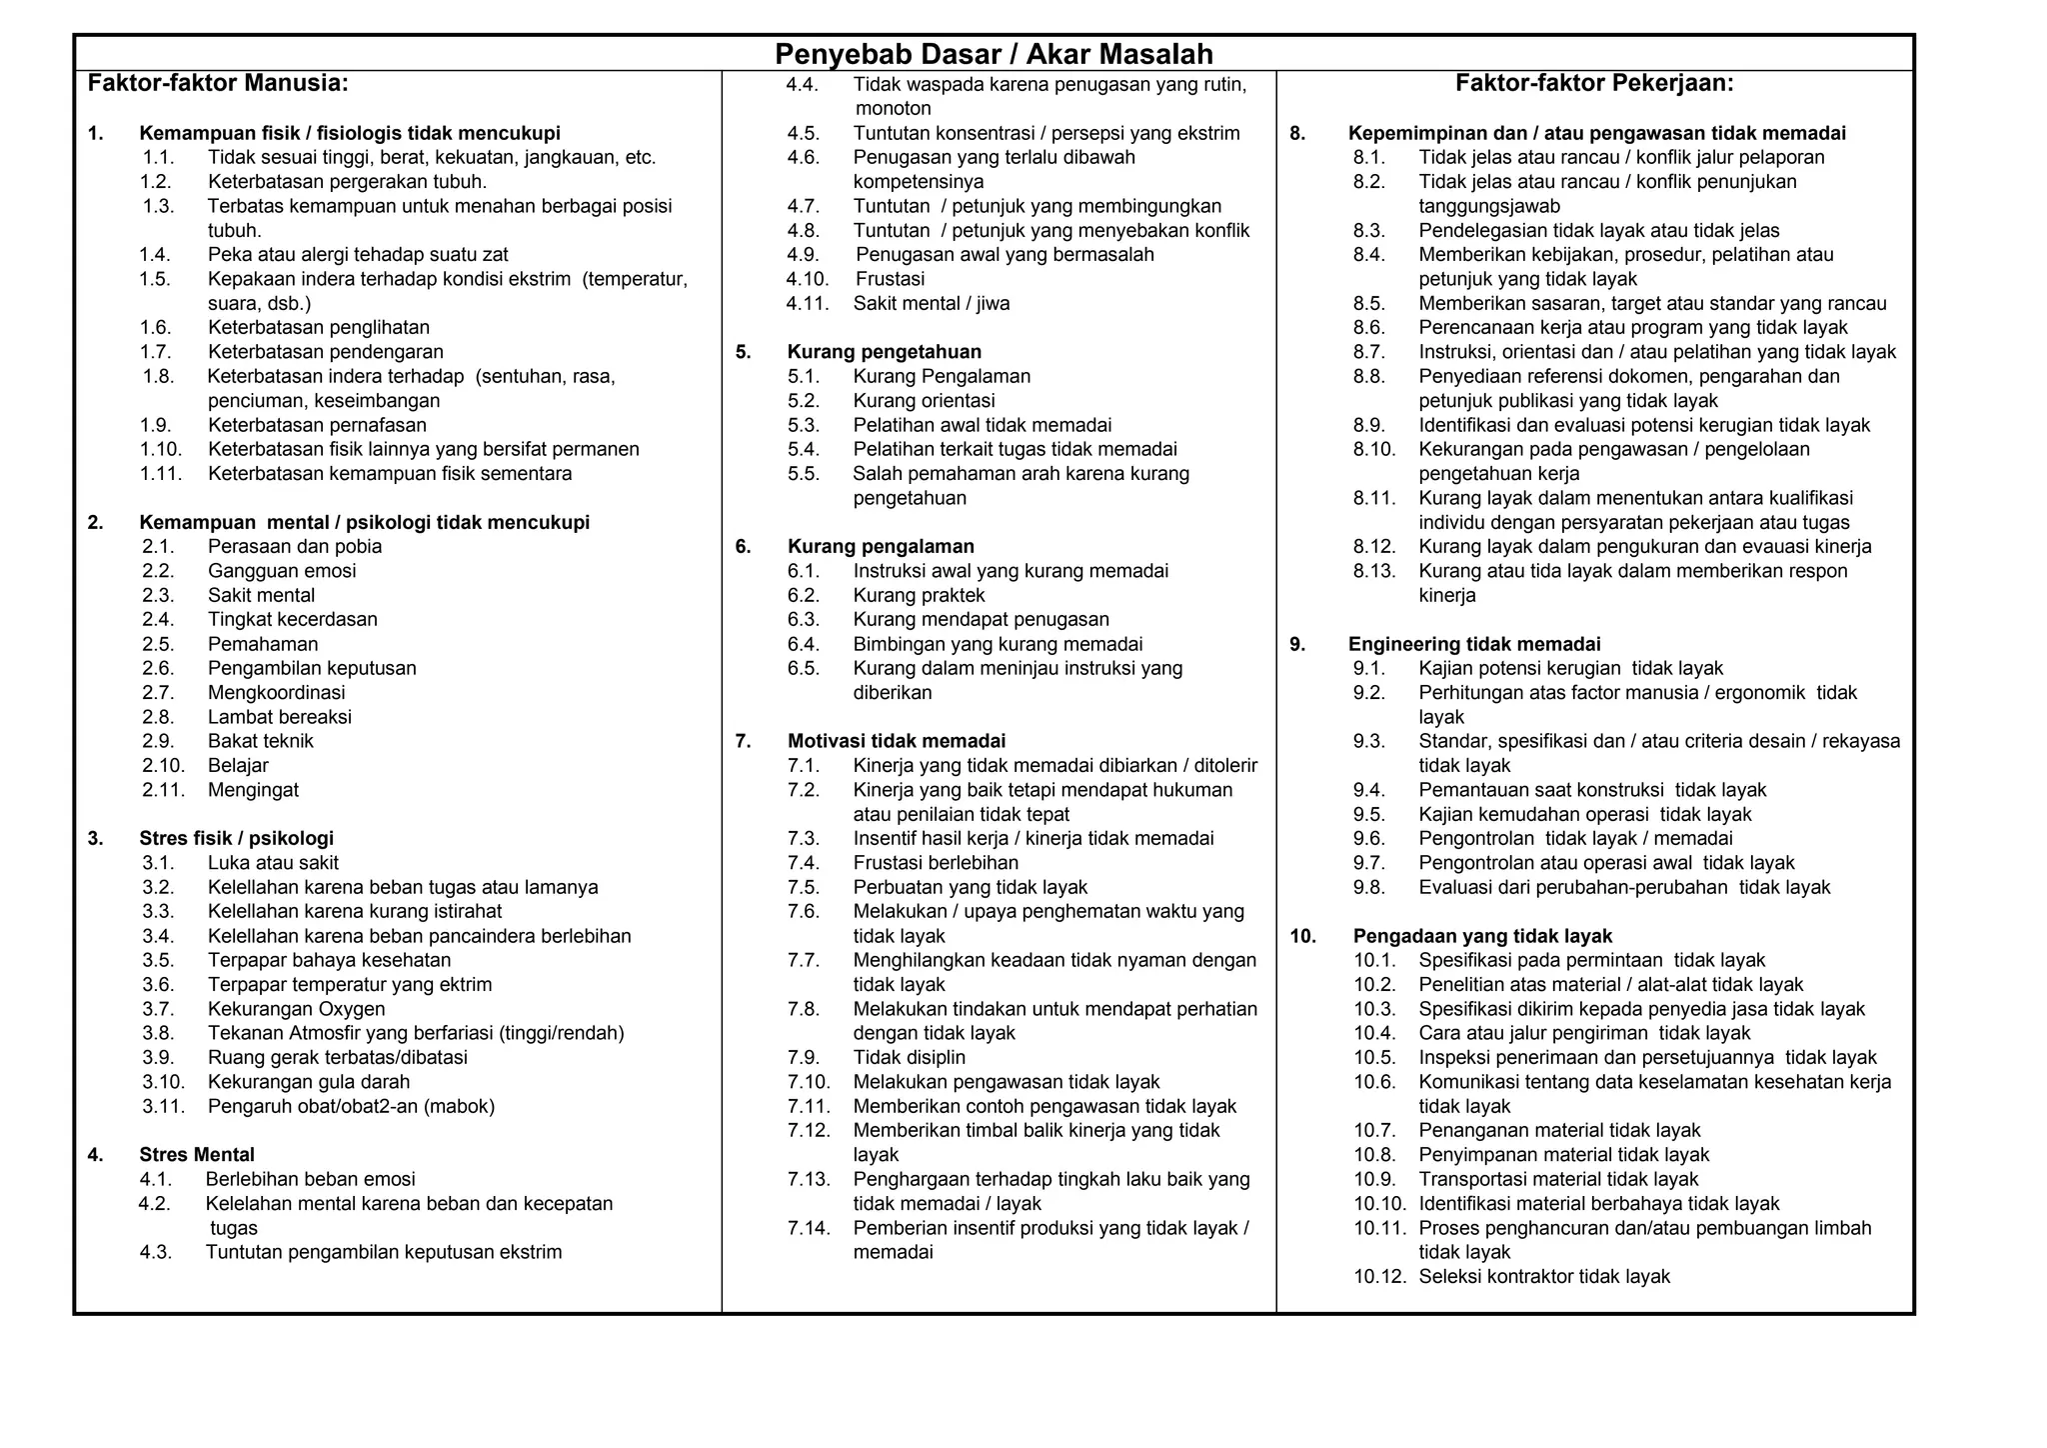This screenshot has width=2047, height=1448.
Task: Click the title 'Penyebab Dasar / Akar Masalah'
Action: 994,54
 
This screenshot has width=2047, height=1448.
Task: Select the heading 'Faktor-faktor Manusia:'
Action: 218,83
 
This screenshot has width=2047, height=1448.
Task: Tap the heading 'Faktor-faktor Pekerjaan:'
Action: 1594,83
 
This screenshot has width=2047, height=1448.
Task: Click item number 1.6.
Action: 156,327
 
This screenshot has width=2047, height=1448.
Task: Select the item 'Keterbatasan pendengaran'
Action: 326,352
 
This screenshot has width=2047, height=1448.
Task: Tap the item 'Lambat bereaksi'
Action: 280,717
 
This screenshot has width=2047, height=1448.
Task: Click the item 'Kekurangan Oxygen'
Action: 296,1009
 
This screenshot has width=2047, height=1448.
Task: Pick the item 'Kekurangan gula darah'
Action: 309,1082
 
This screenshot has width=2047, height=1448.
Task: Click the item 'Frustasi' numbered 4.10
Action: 890,279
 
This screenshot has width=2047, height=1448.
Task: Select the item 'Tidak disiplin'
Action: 909,1058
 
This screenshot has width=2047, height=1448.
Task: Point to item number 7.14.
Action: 809,1228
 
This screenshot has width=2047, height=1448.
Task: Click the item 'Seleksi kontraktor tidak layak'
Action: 1544,1277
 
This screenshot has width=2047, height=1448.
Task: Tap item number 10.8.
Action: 1374,1155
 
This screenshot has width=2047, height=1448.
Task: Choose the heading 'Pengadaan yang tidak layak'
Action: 1482,936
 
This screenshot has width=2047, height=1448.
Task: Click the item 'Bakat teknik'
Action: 261,741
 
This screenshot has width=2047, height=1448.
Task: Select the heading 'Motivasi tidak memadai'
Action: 896,741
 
